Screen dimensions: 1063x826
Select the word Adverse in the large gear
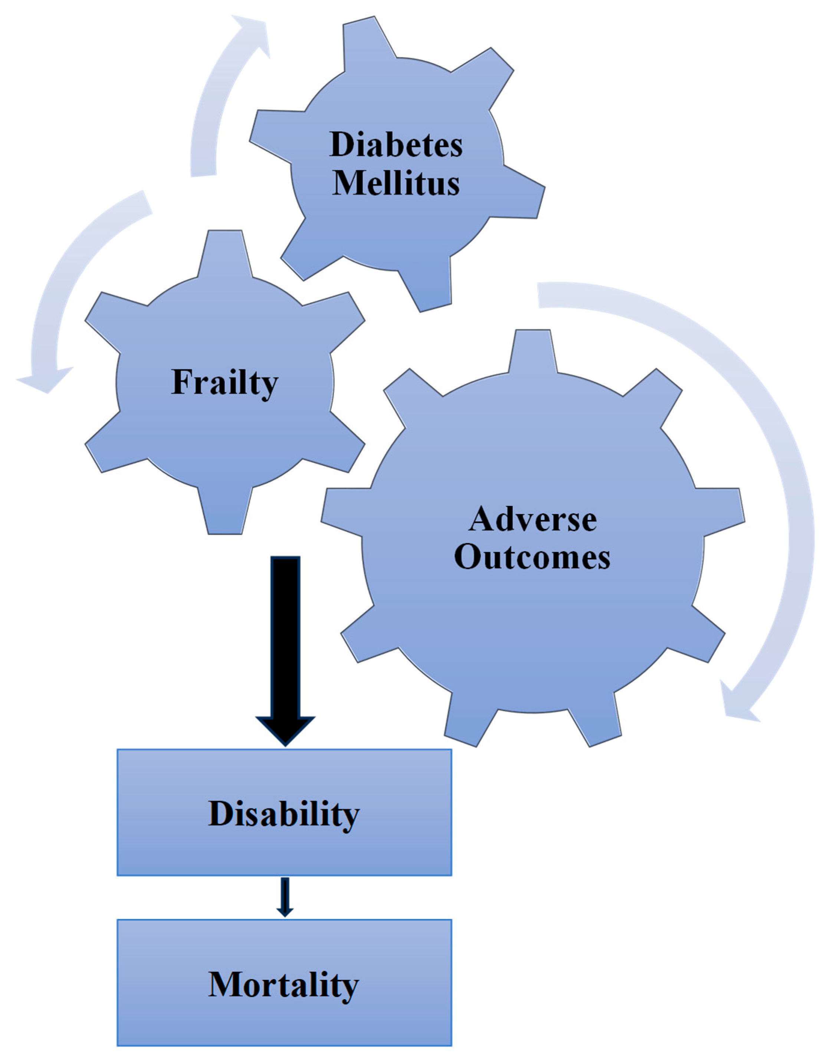click(x=532, y=519)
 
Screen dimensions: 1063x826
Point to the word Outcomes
click(x=532, y=557)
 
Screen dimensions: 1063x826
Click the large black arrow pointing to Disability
click(x=285, y=647)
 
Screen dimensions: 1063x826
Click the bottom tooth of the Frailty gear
click(x=225, y=513)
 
